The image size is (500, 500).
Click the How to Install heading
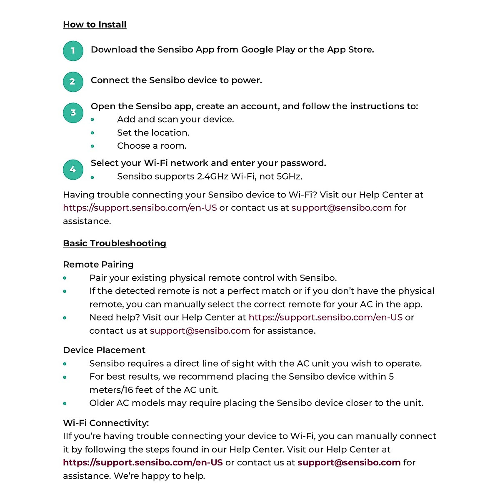click(95, 25)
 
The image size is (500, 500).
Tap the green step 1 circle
click(73, 51)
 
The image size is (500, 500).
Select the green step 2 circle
click(73, 82)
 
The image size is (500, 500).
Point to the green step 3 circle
click(73, 112)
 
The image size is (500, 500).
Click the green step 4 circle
click(73, 170)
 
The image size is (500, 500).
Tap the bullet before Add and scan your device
click(92, 120)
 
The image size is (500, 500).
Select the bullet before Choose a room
click(92, 146)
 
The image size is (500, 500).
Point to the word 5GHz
click(289, 177)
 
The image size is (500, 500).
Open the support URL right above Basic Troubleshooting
click(140, 208)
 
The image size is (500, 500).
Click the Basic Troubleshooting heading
click(115, 243)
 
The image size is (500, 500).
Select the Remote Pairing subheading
click(98, 265)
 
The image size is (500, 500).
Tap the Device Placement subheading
click(104, 350)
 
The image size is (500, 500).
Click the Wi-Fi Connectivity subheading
click(106, 423)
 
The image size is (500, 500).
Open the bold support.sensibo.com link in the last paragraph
click(143, 462)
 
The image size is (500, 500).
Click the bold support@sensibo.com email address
click(349, 462)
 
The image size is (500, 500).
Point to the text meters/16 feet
click(121, 390)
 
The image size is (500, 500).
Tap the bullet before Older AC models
click(65, 403)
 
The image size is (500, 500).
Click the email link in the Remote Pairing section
click(200, 331)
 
